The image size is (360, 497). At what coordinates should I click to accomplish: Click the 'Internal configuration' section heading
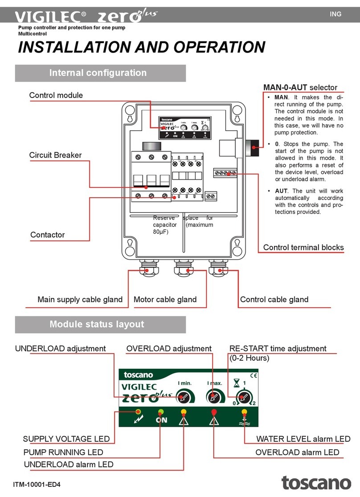coord(101,73)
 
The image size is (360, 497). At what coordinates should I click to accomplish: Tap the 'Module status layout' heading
coord(101,324)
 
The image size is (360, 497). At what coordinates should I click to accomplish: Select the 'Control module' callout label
coord(56,95)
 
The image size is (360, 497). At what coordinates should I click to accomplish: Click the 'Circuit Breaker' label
coord(55,155)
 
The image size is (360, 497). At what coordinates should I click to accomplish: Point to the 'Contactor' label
coord(47,235)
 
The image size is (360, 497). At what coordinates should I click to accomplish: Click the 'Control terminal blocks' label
coord(303,248)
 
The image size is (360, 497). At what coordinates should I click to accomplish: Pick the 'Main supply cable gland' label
coord(80,300)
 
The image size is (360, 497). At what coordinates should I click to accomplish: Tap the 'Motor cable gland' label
coord(165,300)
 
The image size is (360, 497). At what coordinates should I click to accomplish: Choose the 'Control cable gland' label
coord(274,300)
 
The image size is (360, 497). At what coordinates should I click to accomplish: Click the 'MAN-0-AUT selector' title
coord(300,87)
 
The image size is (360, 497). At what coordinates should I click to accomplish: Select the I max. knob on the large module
coord(213,395)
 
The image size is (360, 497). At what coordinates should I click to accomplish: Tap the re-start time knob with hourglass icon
coord(243,395)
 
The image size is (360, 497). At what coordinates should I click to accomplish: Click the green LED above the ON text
coord(161,411)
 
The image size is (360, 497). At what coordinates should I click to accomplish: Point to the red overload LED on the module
coord(214,411)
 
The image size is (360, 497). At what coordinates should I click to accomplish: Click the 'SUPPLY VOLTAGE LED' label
coord(66,440)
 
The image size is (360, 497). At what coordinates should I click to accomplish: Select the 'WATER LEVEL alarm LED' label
coord(303,440)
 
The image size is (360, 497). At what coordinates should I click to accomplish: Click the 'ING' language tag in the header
coord(335,14)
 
